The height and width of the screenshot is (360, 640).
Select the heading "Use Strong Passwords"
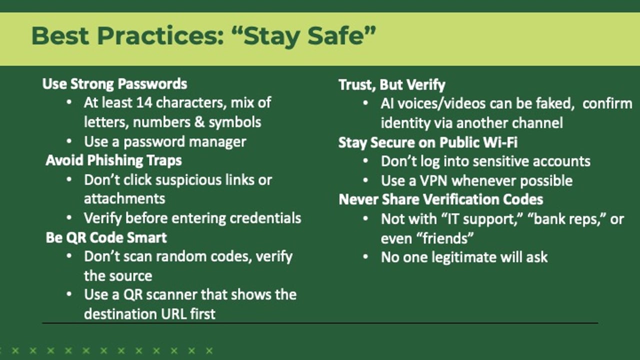point(114,83)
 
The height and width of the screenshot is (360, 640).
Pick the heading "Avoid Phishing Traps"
point(113,160)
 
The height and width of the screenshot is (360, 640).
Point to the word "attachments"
point(124,198)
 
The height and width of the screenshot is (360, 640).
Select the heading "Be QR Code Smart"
point(106,237)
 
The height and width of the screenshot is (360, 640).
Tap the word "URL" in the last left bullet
point(175,314)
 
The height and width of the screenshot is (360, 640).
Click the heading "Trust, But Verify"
point(391,84)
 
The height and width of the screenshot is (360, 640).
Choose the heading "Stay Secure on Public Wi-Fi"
point(427,142)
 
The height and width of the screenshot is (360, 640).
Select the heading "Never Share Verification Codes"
point(440,199)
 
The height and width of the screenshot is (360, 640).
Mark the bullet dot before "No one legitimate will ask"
point(366,257)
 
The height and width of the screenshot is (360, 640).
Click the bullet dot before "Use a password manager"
point(69,141)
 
